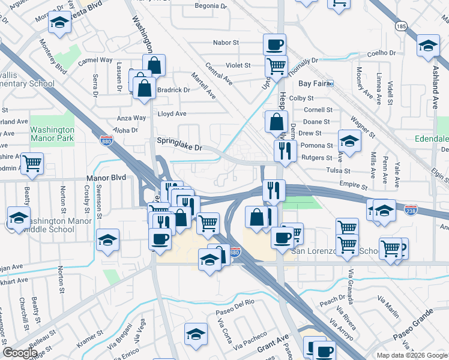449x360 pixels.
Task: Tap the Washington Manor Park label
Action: [x=52, y=134]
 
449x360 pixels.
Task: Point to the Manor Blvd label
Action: [x=106, y=178]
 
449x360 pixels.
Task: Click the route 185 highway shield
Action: [x=401, y=26]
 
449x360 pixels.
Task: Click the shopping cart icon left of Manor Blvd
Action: [x=32, y=163]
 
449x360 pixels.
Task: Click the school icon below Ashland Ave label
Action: [x=428, y=46]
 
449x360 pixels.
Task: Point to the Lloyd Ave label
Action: [x=172, y=113]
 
